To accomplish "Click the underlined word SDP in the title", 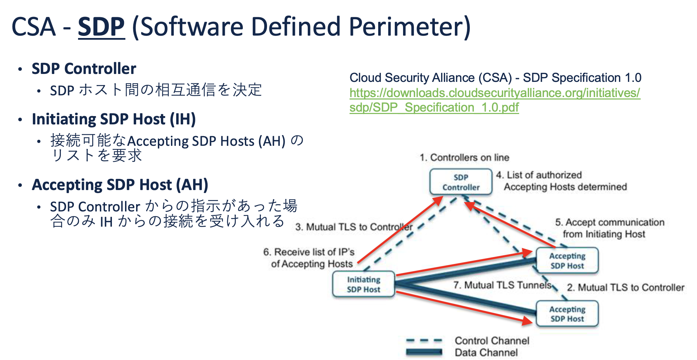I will [101, 27].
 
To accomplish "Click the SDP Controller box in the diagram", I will [461, 182].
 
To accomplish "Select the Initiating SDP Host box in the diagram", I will [363, 284].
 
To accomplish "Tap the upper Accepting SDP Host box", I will [567, 261].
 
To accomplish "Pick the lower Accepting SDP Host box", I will [567, 314].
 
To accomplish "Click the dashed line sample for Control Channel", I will [424, 341].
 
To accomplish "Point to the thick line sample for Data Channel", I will [424, 352].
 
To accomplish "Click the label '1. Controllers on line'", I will [464, 158].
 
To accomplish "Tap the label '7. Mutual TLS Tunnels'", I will [502, 285].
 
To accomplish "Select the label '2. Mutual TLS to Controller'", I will [626, 287].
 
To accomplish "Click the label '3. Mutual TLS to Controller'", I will [354, 227].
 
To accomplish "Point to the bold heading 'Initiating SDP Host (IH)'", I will [114, 119].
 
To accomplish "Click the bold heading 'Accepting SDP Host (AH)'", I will [120, 185].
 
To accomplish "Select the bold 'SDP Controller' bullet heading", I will [84, 69].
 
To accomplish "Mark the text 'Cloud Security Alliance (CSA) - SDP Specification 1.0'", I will [495, 78].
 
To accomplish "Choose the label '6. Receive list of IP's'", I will [309, 252].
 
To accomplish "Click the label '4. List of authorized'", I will [539, 175].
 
